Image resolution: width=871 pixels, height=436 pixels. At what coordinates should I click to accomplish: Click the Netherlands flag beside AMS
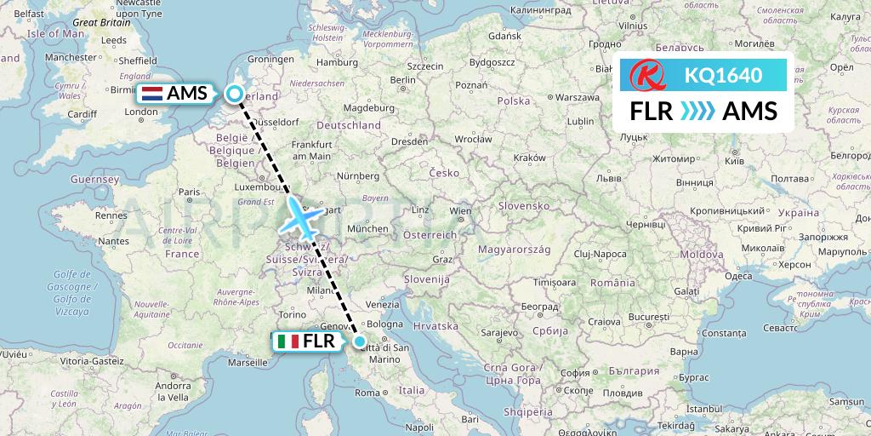click(x=153, y=94)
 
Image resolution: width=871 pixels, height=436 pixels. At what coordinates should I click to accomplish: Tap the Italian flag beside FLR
click(x=287, y=342)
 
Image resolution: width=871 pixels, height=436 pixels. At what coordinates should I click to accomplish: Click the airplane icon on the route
click(x=302, y=217)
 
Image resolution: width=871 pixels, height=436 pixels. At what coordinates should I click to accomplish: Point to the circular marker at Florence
click(x=361, y=342)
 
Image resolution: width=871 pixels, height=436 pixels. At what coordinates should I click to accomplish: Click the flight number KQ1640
click(x=723, y=75)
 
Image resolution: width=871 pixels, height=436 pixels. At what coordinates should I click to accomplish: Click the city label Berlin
click(x=402, y=79)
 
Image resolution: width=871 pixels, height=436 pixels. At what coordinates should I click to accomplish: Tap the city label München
click(x=367, y=228)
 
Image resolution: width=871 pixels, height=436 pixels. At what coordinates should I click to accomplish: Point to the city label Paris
click(x=189, y=192)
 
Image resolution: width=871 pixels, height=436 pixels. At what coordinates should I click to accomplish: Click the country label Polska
click(x=514, y=100)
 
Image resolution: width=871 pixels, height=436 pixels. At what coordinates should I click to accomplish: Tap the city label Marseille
click(x=248, y=362)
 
